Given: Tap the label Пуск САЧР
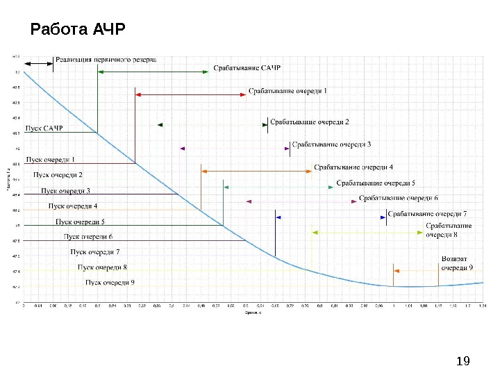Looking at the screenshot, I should tap(44, 128).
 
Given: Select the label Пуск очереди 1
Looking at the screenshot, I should tap(50, 160).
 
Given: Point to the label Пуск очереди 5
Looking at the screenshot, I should tap(80, 222).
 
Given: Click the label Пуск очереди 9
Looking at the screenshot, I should tap(110, 282).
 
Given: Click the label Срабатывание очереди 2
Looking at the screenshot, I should tap(309, 122).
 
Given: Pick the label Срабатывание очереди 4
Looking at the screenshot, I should tap(353, 167).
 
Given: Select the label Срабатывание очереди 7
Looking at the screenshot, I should tap(427, 213).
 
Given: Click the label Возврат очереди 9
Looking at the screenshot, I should tap(458, 263).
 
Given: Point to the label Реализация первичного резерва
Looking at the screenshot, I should tap(106, 60).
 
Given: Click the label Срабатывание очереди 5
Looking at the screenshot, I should tap(376, 183).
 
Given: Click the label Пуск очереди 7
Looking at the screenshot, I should tap(95, 251).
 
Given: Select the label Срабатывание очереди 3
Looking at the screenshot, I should tap(331, 144).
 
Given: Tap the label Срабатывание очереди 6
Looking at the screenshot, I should tap(399, 198).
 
